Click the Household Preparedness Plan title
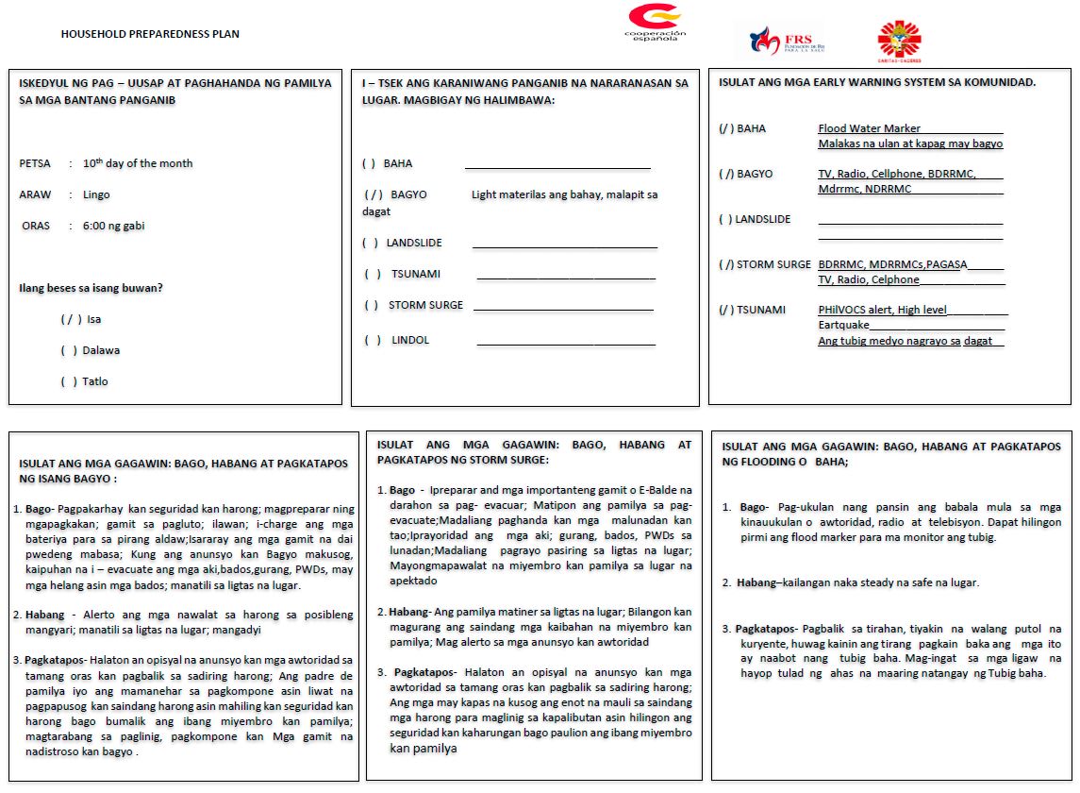coord(150,34)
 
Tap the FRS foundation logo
coord(779,41)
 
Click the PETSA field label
coord(35,163)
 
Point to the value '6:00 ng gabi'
coord(113,226)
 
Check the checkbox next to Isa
coord(71,319)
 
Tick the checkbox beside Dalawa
coord(69,350)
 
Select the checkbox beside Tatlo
coord(69,381)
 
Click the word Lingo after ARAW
coord(96,194)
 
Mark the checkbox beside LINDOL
coord(373,340)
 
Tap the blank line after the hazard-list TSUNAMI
coord(566,278)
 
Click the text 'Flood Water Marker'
coord(869,128)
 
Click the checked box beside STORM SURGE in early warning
coord(725,264)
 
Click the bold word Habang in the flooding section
coord(756,582)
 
